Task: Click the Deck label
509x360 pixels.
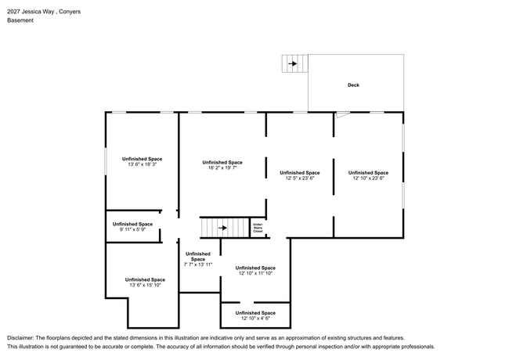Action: [x=353, y=85]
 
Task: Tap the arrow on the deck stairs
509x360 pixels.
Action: [x=293, y=63]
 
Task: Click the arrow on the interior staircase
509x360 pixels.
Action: [x=222, y=228]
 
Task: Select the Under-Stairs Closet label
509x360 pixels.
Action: [x=258, y=228]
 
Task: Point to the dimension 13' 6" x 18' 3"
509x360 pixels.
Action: [x=143, y=164]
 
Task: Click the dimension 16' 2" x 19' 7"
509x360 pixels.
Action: [x=222, y=168]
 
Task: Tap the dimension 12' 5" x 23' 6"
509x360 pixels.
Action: [x=300, y=178]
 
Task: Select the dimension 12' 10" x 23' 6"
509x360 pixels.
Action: [x=369, y=178]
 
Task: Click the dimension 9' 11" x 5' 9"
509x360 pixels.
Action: [x=132, y=229]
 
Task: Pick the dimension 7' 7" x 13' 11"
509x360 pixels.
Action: [x=198, y=265]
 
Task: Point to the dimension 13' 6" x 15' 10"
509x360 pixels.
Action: [x=145, y=285]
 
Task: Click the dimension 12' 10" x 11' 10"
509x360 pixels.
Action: [x=255, y=273]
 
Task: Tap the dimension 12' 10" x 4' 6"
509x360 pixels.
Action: [x=255, y=319]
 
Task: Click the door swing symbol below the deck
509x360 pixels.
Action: [x=342, y=115]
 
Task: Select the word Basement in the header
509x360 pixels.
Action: [x=20, y=20]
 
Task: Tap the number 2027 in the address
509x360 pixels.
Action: [x=13, y=12]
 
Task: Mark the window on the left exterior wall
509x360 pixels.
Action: [x=106, y=161]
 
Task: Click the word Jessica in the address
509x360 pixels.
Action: [x=31, y=12]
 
